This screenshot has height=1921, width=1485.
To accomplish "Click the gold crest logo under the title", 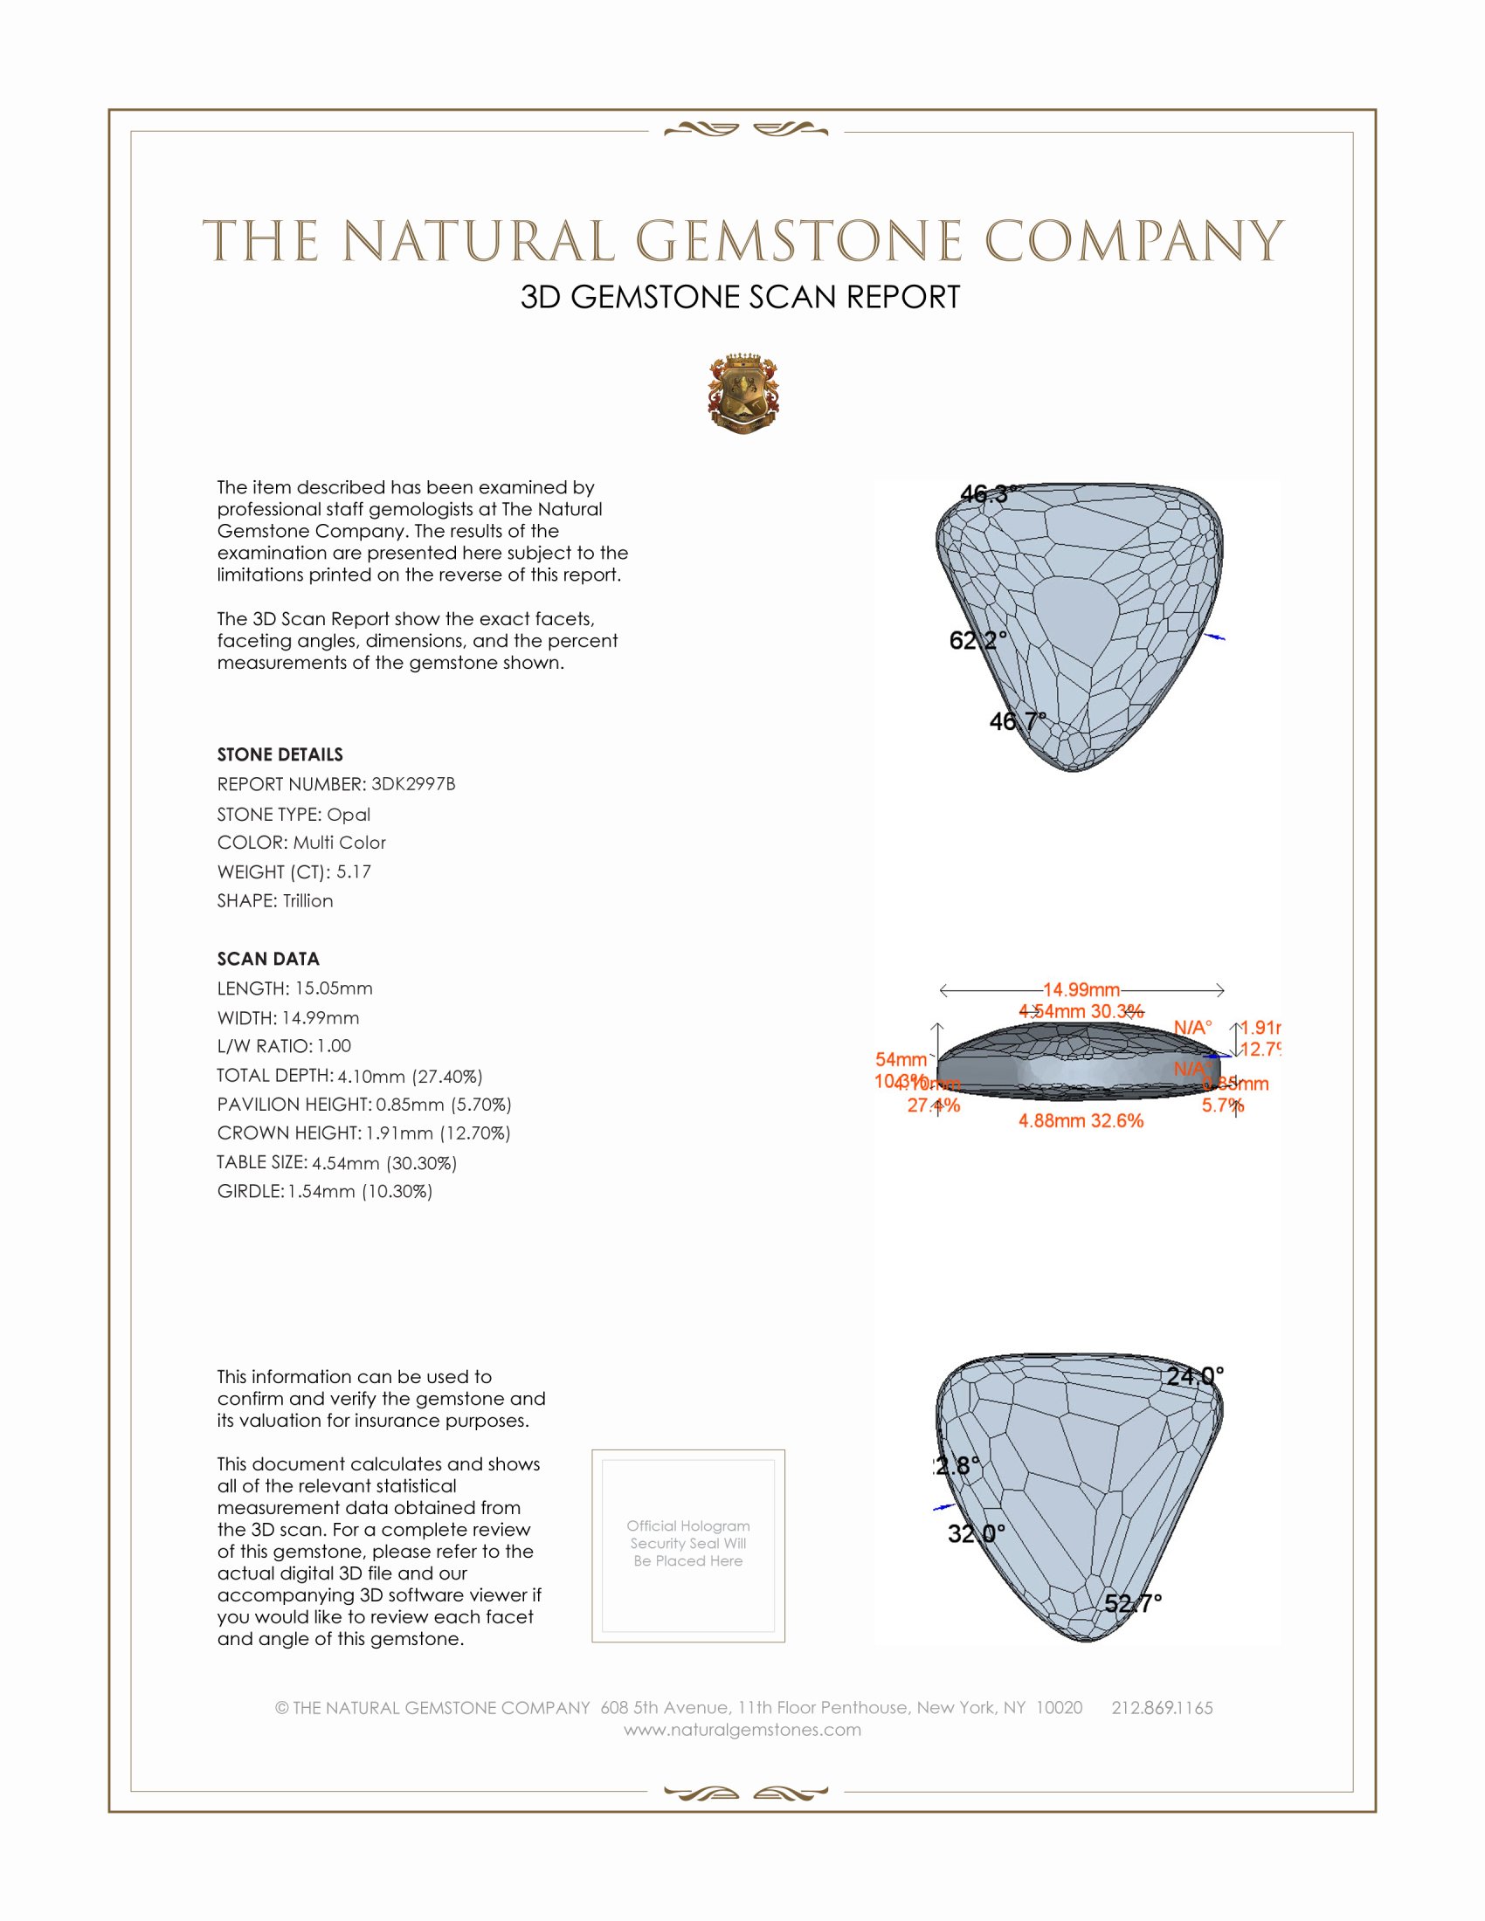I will point(743,393).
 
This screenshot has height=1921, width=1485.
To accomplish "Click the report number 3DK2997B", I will point(412,784).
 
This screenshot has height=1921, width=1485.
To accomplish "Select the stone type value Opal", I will point(349,815).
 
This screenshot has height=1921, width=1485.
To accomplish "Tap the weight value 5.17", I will point(354,871).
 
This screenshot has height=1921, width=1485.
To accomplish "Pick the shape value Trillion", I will point(307,901).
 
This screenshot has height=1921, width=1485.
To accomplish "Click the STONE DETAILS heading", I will point(280,754).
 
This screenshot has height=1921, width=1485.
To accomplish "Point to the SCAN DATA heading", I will point(268,959).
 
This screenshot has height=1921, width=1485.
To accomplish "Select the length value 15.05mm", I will point(334,988).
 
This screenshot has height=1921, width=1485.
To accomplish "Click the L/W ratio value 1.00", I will point(335,1046).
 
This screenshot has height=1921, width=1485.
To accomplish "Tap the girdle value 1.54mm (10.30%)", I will point(360,1191).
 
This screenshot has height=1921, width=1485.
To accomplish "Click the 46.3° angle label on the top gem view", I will point(988,494).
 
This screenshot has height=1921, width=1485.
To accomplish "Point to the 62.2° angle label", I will point(977,640).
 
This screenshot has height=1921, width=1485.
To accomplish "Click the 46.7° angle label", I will point(1018,721).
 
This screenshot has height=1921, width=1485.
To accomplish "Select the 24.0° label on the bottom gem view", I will point(1195,1375).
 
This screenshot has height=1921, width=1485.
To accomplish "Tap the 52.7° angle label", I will point(1133,1603).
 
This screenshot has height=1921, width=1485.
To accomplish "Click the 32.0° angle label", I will point(976,1534).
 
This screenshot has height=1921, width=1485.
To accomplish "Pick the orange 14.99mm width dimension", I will point(1081,990).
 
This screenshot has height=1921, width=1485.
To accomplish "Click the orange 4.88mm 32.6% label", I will point(1081,1120).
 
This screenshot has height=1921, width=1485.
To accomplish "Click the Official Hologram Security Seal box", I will point(688,1546).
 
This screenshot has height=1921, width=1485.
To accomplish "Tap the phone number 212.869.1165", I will point(1161,1707).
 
